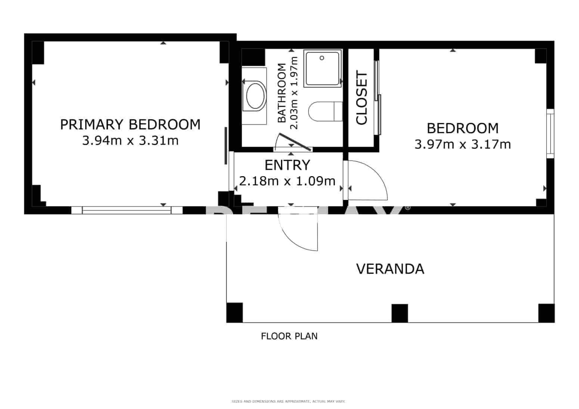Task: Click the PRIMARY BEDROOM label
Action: pyautogui.click(x=130, y=124)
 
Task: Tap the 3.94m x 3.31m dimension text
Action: pyautogui.click(x=130, y=141)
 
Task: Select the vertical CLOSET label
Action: pyautogui.click(x=362, y=98)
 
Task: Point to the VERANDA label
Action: pyautogui.click(x=390, y=269)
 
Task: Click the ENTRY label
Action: pyautogui.click(x=287, y=165)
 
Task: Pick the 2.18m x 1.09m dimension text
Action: pyautogui.click(x=287, y=181)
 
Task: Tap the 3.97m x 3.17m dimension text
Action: pyautogui.click(x=462, y=144)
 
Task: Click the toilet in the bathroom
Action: pyautogui.click(x=325, y=111)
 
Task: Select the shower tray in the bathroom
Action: pyautogui.click(x=323, y=69)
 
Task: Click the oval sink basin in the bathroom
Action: pyautogui.click(x=256, y=96)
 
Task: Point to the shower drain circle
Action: pyautogui.click(x=322, y=58)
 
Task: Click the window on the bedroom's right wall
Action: pyautogui.click(x=550, y=133)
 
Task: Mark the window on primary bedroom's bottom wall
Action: pyautogui.click(x=127, y=210)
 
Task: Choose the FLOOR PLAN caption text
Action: pyautogui.click(x=289, y=336)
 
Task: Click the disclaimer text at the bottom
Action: pyautogui.click(x=288, y=402)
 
